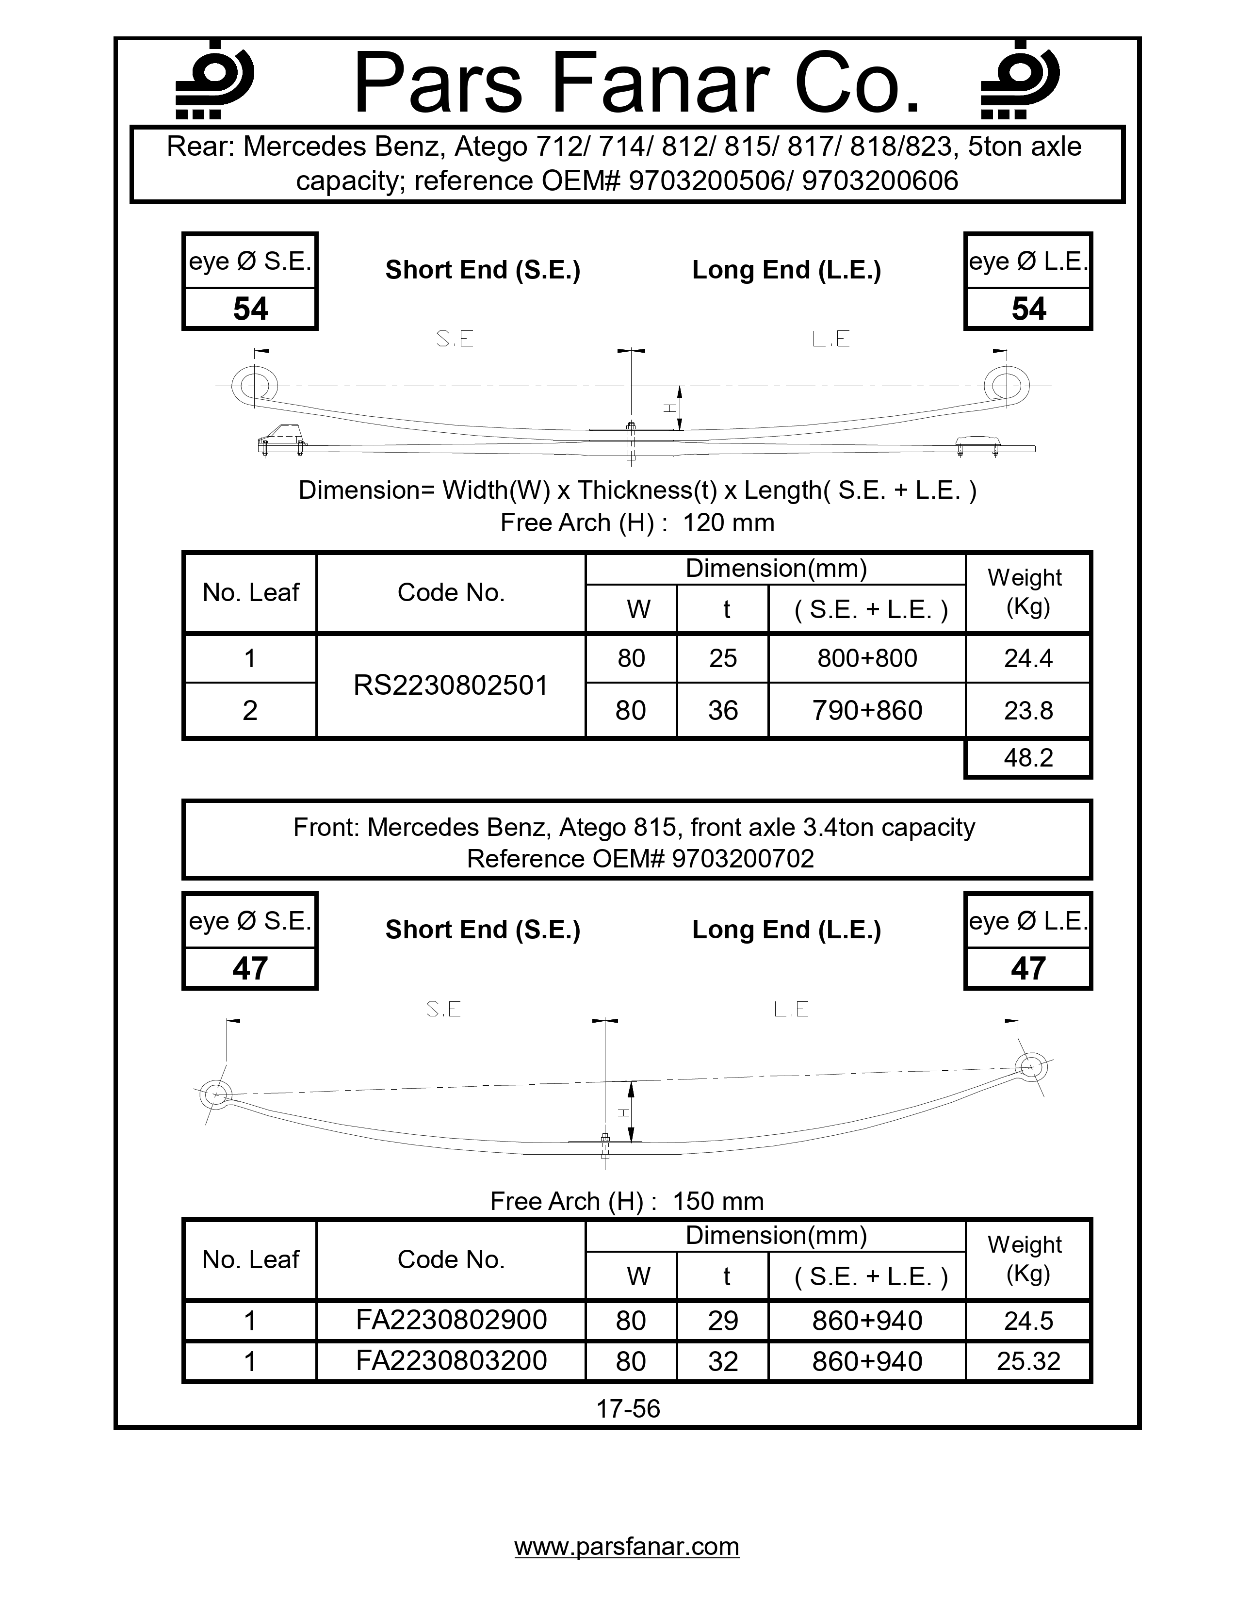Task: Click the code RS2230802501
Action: pyautogui.click(x=451, y=686)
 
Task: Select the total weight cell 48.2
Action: pyautogui.click(x=1028, y=757)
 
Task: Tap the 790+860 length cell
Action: pyautogui.click(x=867, y=710)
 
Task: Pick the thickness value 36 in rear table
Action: pyautogui.click(x=723, y=710)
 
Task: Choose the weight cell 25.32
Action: pyautogui.click(x=1028, y=1362)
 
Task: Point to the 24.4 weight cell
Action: pyautogui.click(x=1028, y=658)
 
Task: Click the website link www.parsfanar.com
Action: pyautogui.click(x=627, y=1546)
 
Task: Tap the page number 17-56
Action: pyautogui.click(x=628, y=1408)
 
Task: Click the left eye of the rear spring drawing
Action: pyautogui.click(x=254, y=385)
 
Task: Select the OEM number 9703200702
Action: pyautogui.click(x=742, y=858)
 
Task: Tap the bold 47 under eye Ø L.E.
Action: pyautogui.click(x=1028, y=968)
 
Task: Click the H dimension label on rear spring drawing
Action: pyautogui.click(x=668, y=408)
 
